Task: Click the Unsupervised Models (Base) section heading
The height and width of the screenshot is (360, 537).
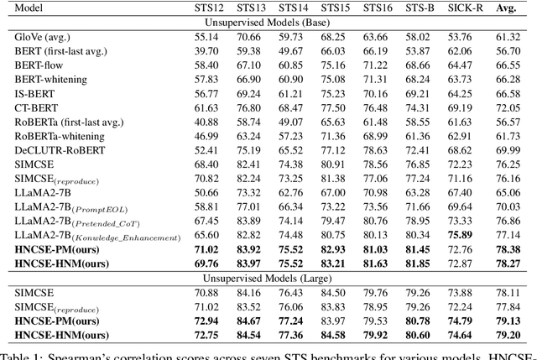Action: click(268, 23)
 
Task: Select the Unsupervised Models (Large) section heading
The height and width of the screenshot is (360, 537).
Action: click(268, 278)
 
